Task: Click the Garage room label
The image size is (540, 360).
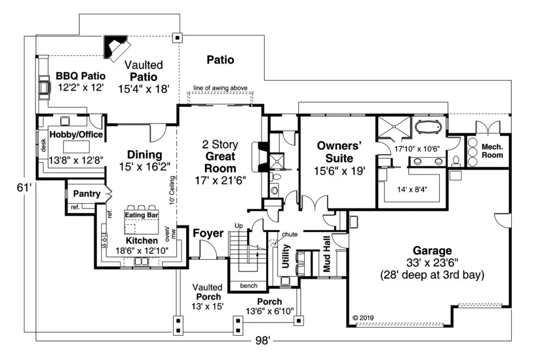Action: [x=432, y=251]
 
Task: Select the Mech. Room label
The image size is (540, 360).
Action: [x=492, y=151]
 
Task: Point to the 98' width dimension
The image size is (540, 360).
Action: [x=262, y=340]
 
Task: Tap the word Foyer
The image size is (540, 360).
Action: [x=208, y=234]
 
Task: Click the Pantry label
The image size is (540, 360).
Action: [x=86, y=193]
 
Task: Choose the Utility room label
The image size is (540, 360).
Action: [x=285, y=256]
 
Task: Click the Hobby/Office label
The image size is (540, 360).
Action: [x=76, y=135]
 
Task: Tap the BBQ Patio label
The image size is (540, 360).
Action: [x=80, y=75]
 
